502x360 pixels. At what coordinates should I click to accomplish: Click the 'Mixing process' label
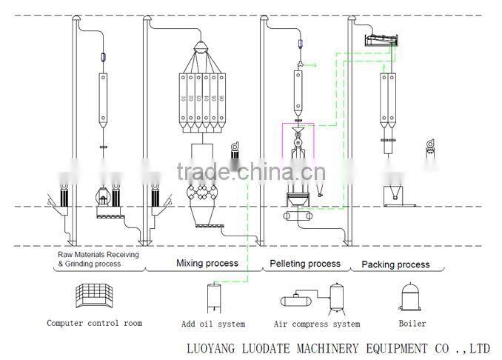207,263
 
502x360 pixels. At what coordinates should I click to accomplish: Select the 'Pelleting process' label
304,263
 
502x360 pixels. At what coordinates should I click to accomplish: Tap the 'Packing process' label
395,264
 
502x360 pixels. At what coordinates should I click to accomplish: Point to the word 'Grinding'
84,263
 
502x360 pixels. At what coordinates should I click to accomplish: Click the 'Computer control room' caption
94,323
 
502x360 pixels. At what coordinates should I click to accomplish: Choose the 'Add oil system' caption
212,324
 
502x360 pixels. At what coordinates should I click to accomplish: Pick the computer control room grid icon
93,298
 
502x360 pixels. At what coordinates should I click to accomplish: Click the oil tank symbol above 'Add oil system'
213,299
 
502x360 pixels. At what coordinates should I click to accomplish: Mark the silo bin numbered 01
183,98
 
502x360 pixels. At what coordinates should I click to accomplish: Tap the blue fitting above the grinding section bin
103,58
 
